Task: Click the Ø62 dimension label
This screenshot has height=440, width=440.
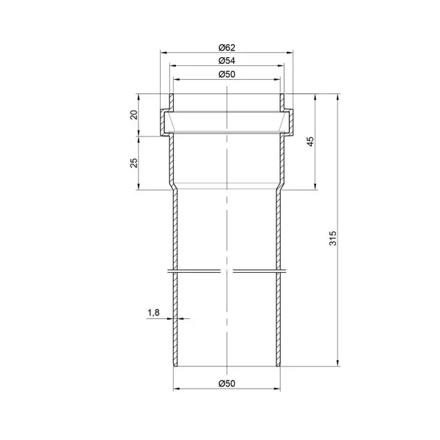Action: click(227, 48)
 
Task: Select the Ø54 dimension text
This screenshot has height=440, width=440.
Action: click(227, 61)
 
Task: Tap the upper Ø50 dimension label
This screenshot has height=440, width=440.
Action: click(227, 74)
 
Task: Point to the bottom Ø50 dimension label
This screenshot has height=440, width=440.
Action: click(227, 384)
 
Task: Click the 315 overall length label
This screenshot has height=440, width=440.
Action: click(333, 238)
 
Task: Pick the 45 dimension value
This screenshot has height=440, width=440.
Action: click(310, 142)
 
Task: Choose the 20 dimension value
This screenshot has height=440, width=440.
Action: click(134, 115)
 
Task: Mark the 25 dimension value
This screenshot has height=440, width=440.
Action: click(134, 163)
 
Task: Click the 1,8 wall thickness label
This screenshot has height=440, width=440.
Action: click(153, 312)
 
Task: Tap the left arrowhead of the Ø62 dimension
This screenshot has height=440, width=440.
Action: click(164, 53)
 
